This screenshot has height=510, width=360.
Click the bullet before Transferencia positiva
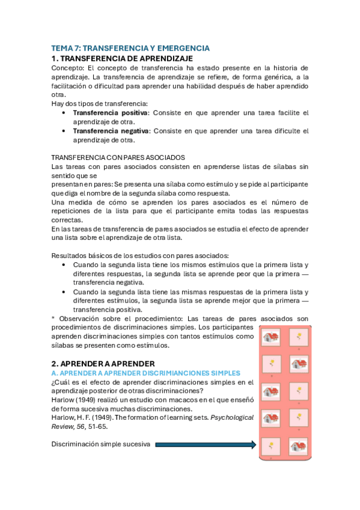[64, 112]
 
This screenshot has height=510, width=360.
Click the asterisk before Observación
[53, 318]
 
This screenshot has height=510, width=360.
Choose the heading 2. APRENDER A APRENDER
[103, 363]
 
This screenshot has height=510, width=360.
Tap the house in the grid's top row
[272, 337]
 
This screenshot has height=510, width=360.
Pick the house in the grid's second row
[299, 363]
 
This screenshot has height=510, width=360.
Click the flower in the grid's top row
[299, 336]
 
